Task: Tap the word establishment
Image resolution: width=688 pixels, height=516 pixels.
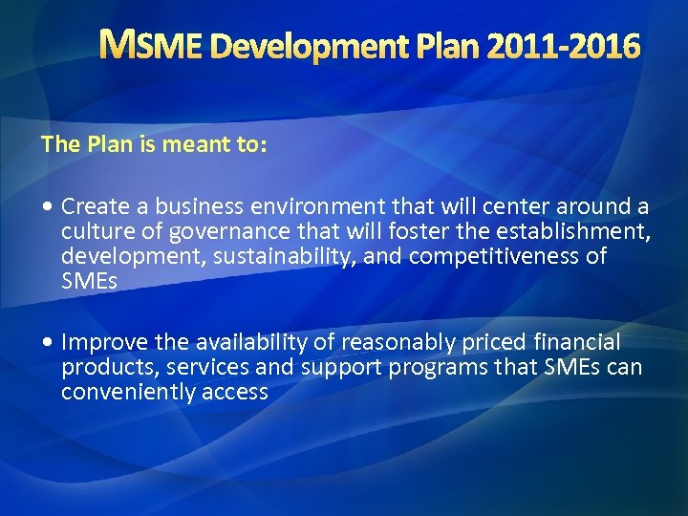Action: click(564, 231)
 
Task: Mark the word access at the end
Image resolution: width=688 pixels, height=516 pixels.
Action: click(235, 392)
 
